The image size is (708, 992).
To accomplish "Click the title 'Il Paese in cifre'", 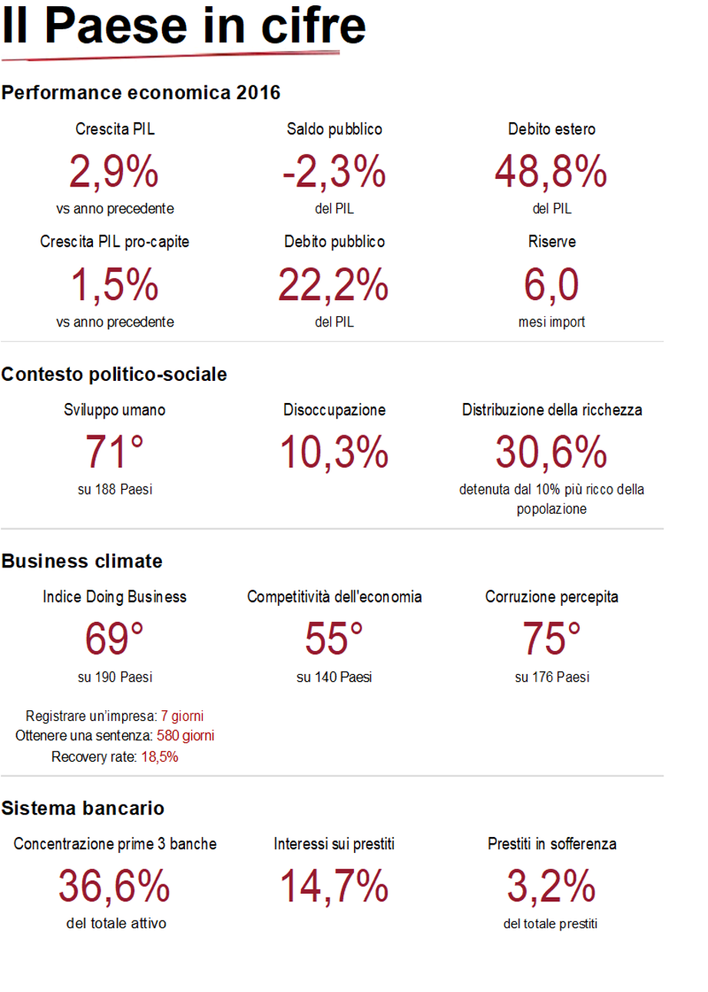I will (x=184, y=27).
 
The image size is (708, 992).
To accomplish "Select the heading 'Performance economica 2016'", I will (x=141, y=94).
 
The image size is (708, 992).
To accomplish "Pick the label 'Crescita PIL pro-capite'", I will (x=114, y=242).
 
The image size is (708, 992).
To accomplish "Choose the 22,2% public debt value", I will (x=334, y=283).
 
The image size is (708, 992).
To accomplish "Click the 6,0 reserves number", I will (x=551, y=283).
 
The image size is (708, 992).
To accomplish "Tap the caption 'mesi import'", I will (x=551, y=322).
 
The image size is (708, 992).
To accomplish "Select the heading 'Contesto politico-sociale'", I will (x=114, y=375).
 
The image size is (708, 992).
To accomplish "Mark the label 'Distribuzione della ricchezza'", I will (x=551, y=410).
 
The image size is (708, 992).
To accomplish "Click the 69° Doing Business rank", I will (x=114, y=638).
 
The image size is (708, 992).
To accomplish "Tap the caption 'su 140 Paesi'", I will (x=334, y=677).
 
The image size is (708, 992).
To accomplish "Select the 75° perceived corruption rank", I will (x=551, y=638).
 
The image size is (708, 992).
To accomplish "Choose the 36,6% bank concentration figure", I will (x=114, y=885).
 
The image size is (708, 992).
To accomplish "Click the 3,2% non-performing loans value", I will (x=551, y=885).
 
